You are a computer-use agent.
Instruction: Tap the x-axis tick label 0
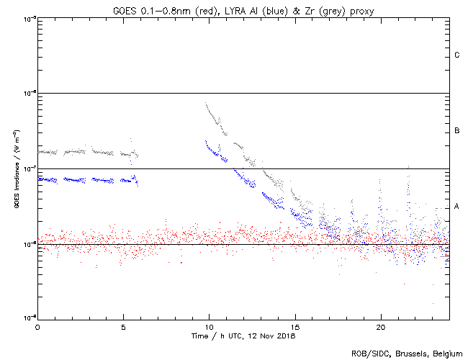(x=37, y=326)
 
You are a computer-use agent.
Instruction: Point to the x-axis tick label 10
(x=209, y=326)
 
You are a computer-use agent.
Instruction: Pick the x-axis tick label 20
(x=380, y=326)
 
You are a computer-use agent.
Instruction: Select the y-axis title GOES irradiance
(x=16, y=169)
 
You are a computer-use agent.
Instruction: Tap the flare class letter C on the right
(x=457, y=55)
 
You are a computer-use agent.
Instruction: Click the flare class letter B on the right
(x=457, y=131)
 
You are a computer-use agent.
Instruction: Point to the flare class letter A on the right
(x=457, y=207)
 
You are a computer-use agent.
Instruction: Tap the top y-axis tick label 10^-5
(x=28, y=18)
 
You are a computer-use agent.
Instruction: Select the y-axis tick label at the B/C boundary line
(x=28, y=94)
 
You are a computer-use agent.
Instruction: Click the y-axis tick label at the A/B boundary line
(x=28, y=169)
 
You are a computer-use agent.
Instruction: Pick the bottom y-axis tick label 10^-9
(x=28, y=319)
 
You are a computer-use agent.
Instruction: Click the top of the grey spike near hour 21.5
(x=409, y=166)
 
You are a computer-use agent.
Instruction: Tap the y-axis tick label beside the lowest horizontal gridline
(x=28, y=244)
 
